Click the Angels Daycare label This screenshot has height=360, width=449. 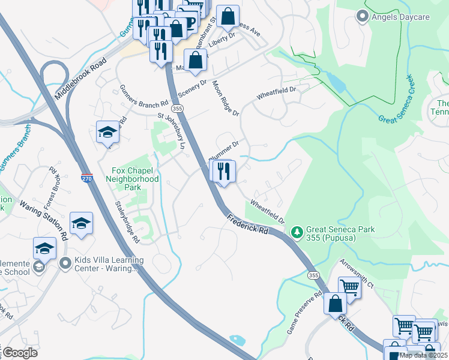(x=400, y=16)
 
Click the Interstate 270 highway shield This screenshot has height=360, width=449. (x=87, y=178)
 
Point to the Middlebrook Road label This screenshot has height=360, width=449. (x=80, y=79)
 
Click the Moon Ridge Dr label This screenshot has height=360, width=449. (x=226, y=100)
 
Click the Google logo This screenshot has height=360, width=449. (x=19, y=353)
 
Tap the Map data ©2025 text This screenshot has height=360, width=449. (x=423, y=355)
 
